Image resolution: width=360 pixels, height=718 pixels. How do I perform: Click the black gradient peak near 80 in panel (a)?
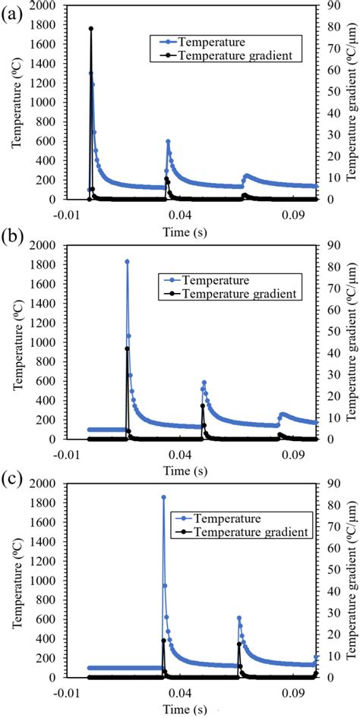tap(91, 29)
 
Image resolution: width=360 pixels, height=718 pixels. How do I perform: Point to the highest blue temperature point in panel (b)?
tap(127, 262)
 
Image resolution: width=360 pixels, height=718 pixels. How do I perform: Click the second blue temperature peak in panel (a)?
tap(168, 141)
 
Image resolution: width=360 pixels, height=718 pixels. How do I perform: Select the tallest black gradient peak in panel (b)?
tap(127, 327)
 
